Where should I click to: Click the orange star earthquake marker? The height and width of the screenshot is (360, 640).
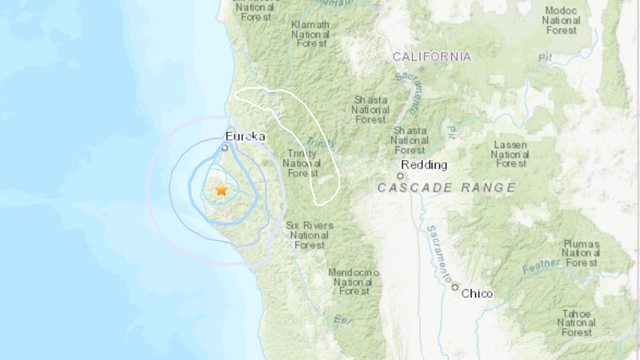point(221,189)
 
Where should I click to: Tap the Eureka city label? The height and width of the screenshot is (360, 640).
point(246,136)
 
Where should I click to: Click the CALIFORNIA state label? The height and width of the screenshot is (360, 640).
point(433,57)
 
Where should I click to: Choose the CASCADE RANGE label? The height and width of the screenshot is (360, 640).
point(448,187)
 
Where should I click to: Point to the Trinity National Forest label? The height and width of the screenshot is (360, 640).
point(301,162)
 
